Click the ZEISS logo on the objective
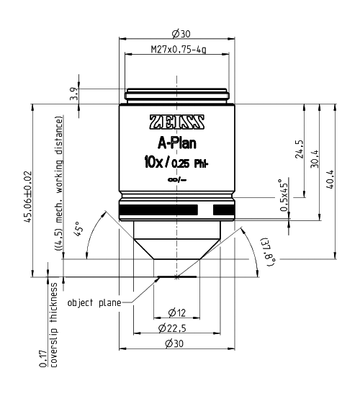[x=176, y=121]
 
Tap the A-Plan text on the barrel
[x=176, y=143]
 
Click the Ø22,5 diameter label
[x=177, y=328]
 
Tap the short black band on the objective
[x=224, y=210]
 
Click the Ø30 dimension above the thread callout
[x=177, y=35]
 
